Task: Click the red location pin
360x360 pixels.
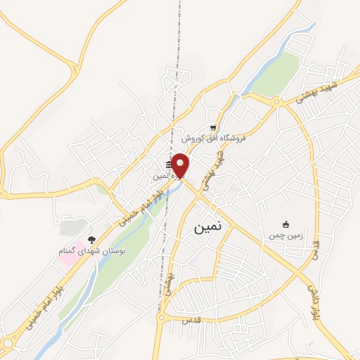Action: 181,165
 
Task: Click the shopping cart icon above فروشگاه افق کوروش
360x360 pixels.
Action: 212,127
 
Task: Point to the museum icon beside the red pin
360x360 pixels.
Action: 170,165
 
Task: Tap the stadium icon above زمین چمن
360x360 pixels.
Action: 285,224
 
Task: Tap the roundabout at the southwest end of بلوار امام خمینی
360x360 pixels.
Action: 8,342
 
